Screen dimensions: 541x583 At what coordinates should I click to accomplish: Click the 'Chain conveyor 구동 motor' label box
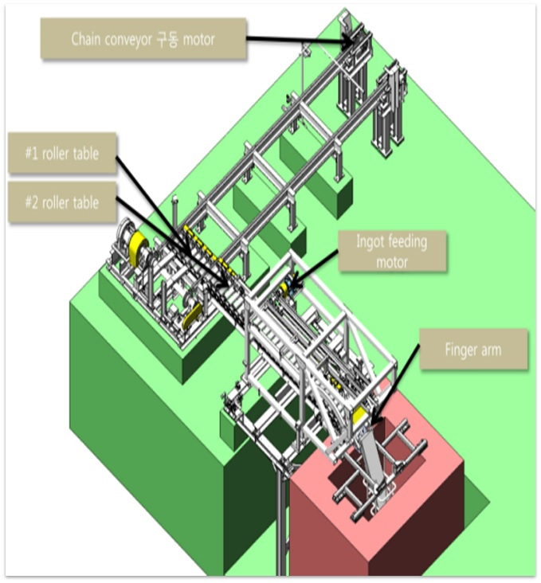[x=143, y=39]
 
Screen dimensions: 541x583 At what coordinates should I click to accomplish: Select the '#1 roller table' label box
[x=62, y=153]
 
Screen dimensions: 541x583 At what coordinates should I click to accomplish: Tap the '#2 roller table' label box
[x=62, y=202]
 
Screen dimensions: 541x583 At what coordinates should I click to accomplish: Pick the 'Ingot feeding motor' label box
[x=392, y=252]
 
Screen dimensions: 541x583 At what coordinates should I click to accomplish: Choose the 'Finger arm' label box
[x=473, y=350]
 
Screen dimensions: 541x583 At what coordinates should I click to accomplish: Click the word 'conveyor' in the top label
[x=127, y=39]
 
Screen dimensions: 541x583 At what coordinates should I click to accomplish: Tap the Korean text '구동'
[x=167, y=39]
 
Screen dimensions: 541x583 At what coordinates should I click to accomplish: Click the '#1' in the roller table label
[x=32, y=153]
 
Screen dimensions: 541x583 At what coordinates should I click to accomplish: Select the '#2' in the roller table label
[x=32, y=202]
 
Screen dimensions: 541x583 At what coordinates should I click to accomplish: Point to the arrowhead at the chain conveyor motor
[x=350, y=41]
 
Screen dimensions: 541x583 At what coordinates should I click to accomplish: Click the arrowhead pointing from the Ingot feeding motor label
[x=292, y=284]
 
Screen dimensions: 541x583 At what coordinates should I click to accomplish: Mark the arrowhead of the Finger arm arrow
[x=373, y=421]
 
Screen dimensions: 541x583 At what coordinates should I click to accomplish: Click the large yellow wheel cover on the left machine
[x=138, y=248]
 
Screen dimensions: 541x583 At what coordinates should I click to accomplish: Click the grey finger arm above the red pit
[x=373, y=461]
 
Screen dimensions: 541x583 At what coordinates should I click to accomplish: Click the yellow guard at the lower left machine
[x=192, y=315]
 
